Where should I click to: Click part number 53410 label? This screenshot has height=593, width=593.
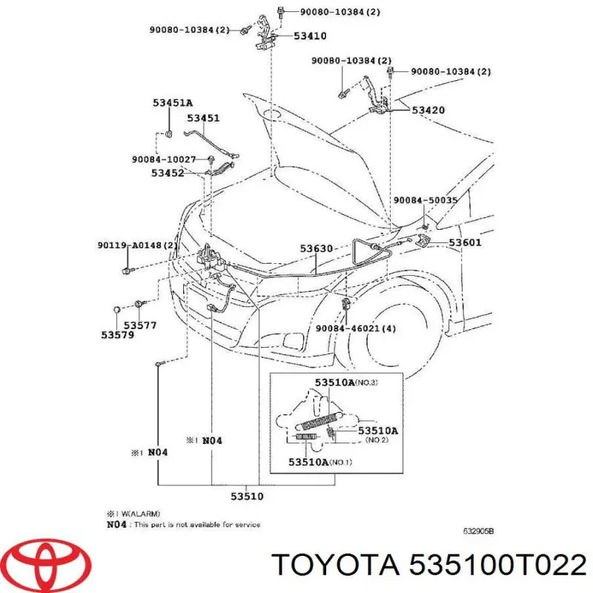coord(310,36)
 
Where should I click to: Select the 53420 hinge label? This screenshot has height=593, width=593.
coord(428,110)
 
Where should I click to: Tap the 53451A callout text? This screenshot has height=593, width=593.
coord(173,102)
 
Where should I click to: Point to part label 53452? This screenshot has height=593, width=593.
coord(168,173)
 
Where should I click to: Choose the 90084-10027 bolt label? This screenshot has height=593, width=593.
coord(164,159)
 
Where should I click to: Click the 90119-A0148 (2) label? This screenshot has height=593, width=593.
coord(137,245)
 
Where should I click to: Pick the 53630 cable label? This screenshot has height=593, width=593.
coord(317,248)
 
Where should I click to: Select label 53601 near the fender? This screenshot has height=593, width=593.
coord(466,242)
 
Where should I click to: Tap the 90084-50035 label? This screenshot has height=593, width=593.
coord(425,200)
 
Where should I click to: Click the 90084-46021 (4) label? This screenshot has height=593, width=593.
coord(356,328)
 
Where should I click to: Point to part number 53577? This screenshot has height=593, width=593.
coord(140,325)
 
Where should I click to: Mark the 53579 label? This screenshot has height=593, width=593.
coord(118,335)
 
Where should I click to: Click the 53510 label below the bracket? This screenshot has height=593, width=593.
coord(247,496)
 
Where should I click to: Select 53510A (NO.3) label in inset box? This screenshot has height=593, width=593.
coord(346,382)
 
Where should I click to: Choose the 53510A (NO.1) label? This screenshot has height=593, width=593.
coord(320,462)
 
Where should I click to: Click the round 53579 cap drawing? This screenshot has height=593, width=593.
coord(117,310)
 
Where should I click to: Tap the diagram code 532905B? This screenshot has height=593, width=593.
coord(478,531)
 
